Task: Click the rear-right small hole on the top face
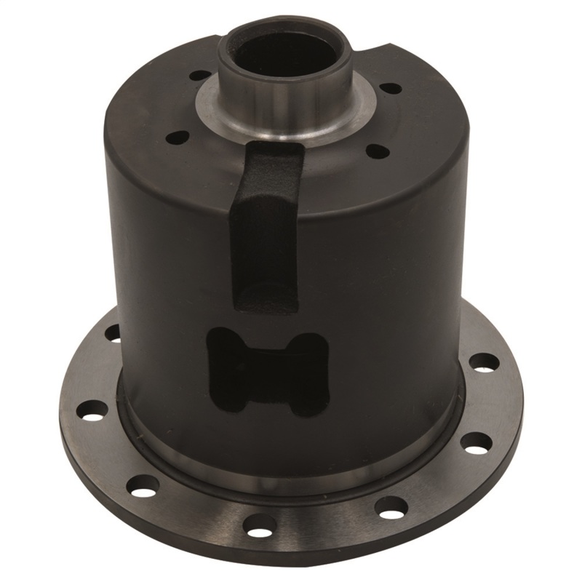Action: (x=391, y=88)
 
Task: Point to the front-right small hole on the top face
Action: (x=376, y=151)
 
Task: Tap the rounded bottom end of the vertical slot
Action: (x=266, y=298)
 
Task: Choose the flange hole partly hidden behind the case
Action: (x=113, y=333)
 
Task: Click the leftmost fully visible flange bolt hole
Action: (x=92, y=409)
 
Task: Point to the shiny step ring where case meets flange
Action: (x=291, y=466)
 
